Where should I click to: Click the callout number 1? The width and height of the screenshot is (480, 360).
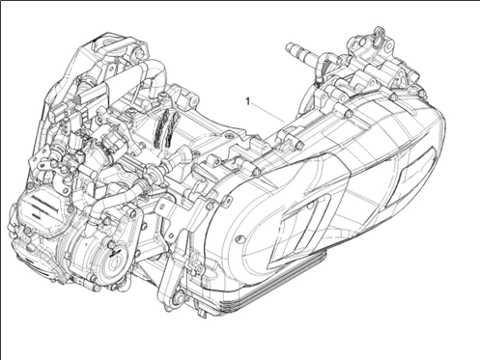[x=248, y=99]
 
